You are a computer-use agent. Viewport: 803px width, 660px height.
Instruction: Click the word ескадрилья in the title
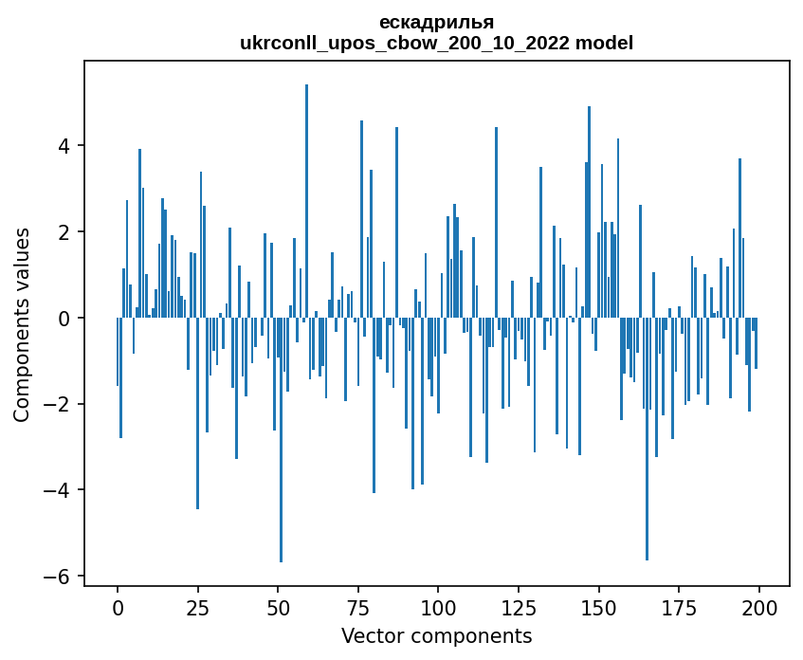[436, 23]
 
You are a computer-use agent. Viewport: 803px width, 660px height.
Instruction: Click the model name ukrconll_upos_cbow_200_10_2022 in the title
[410, 44]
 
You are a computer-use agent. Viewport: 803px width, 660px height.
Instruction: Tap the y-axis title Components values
[22, 324]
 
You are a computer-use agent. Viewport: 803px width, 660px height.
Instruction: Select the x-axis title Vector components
[436, 635]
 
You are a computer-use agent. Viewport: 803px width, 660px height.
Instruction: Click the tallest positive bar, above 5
[306, 190]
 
